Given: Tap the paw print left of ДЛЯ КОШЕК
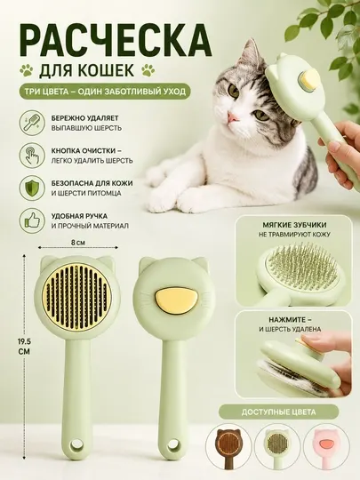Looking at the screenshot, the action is (28, 70).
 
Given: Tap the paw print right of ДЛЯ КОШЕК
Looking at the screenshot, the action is (148, 70).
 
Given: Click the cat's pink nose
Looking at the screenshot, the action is (232, 116).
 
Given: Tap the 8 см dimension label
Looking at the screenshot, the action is (78, 243).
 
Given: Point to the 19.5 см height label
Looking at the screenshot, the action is (24, 347).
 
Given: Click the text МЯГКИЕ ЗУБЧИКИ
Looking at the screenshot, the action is (294, 225).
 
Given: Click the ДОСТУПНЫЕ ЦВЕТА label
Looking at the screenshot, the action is (278, 412).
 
